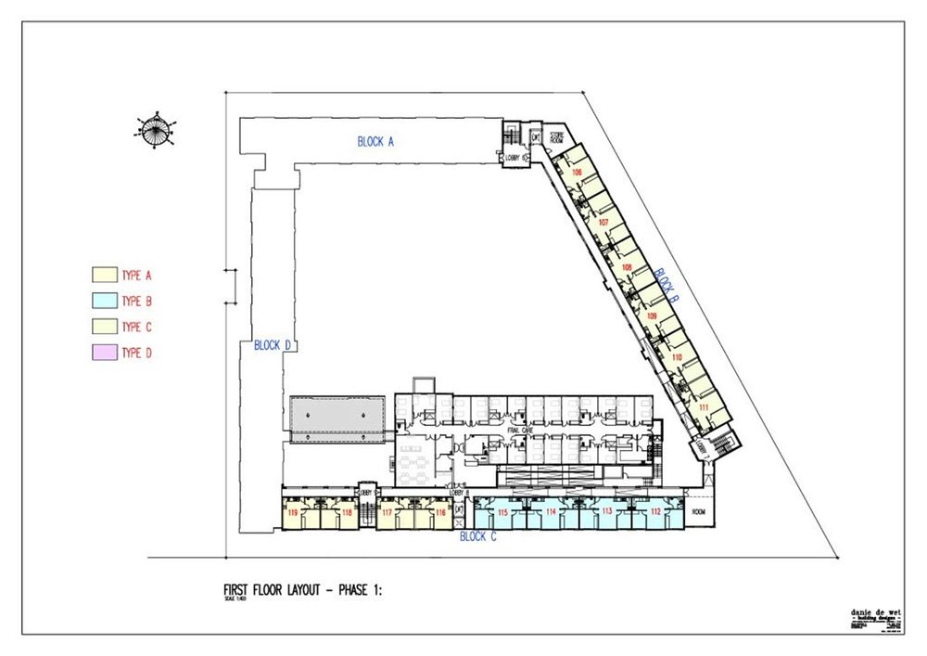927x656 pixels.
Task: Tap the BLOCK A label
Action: click(x=376, y=142)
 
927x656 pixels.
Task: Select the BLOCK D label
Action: click(x=273, y=345)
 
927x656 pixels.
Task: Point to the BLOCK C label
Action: click(x=478, y=537)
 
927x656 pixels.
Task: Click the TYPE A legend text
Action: click(x=136, y=276)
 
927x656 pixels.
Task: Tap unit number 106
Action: click(x=577, y=174)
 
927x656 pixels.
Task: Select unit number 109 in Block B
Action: click(x=652, y=317)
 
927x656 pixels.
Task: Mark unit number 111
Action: click(x=705, y=408)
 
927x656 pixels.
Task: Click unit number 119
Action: click(x=293, y=512)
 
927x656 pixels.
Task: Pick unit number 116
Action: click(x=440, y=512)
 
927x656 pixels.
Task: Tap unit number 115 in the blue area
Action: click(x=502, y=512)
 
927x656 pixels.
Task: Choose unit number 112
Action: click(x=655, y=512)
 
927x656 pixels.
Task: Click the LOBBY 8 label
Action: click(x=458, y=493)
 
